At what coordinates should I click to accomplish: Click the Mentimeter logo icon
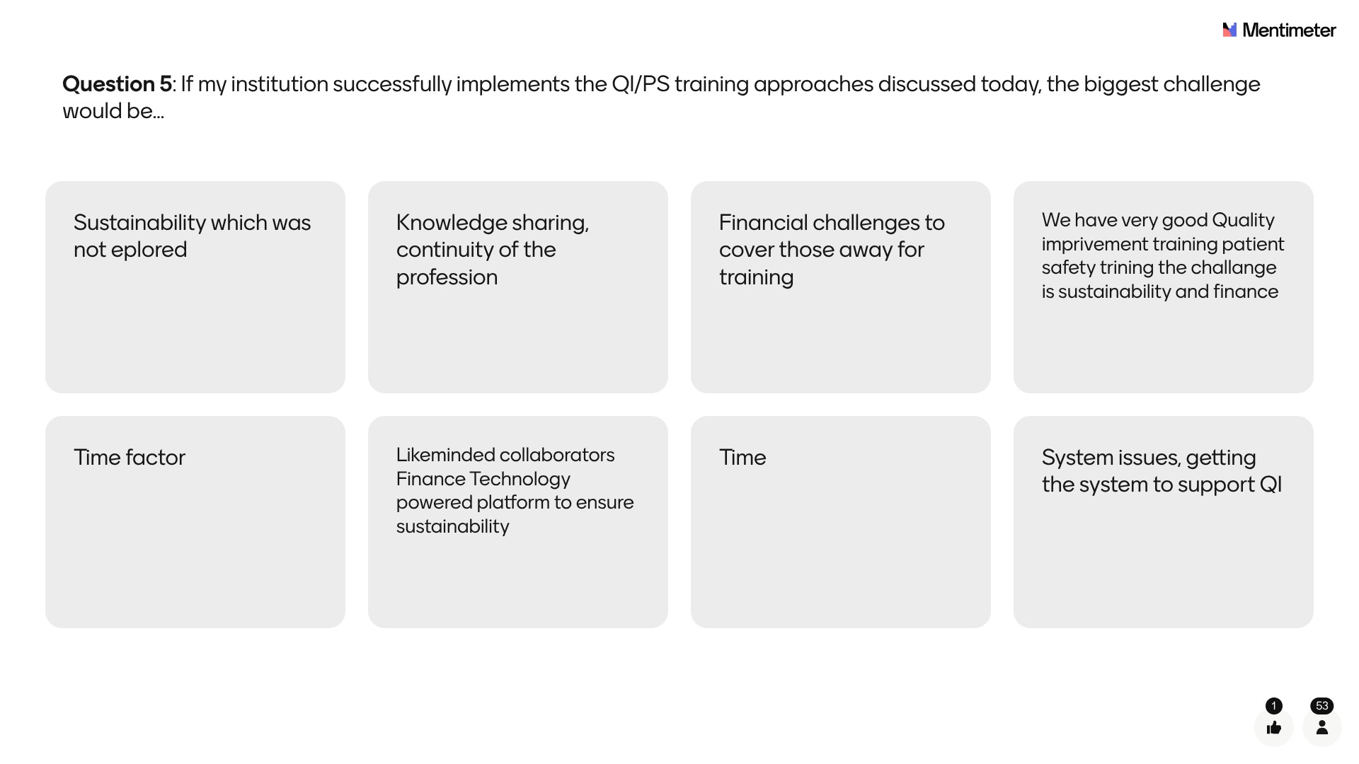coord(1229,30)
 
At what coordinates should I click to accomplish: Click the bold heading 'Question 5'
coord(117,84)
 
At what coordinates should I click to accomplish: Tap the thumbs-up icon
coord(1274,727)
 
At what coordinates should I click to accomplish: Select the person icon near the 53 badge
coord(1321,727)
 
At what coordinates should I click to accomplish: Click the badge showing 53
coord(1321,706)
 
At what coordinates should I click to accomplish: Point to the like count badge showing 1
coord(1274,706)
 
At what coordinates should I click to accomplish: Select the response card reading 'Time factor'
coord(195,522)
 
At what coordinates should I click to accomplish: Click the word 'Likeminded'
coord(445,455)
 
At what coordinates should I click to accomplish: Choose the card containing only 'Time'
coord(841,522)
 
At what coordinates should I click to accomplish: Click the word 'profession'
coord(447,277)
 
